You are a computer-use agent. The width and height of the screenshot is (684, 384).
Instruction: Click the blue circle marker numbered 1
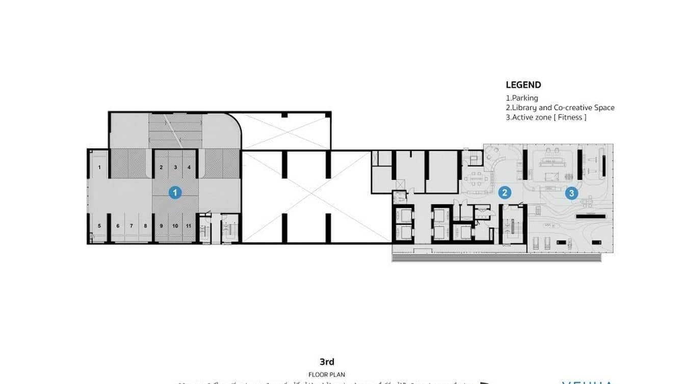(x=175, y=193)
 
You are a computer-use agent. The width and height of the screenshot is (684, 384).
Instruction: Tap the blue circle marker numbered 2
(x=504, y=193)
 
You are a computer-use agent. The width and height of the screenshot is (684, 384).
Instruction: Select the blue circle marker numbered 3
(x=571, y=193)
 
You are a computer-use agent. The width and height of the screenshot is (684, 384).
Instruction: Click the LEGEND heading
(x=523, y=85)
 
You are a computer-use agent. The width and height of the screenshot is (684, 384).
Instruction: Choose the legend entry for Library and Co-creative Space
(x=560, y=107)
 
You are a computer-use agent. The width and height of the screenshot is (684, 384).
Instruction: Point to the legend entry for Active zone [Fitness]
(x=546, y=117)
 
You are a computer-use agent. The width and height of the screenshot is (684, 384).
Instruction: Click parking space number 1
(x=100, y=167)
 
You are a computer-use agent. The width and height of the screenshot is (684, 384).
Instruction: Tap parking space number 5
(x=100, y=226)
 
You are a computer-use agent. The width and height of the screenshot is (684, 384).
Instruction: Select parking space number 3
(x=175, y=167)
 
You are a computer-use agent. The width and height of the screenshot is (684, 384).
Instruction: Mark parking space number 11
(x=189, y=226)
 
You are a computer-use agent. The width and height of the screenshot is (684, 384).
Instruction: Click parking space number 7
(x=131, y=226)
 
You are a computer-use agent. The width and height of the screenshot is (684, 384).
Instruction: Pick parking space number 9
(x=161, y=226)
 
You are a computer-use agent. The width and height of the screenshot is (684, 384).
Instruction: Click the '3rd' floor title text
(x=327, y=362)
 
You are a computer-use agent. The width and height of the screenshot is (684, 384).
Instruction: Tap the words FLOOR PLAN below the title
(x=327, y=374)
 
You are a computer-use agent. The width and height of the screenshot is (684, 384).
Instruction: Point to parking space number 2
(x=161, y=167)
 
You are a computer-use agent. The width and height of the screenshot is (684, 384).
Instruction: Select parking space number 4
(x=189, y=167)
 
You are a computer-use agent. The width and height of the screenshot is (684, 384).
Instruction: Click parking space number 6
(x=118, y=226)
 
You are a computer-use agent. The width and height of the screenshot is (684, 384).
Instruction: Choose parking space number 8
(x=145, y=226)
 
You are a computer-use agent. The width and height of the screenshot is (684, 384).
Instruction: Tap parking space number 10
(x=175, y=226)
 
